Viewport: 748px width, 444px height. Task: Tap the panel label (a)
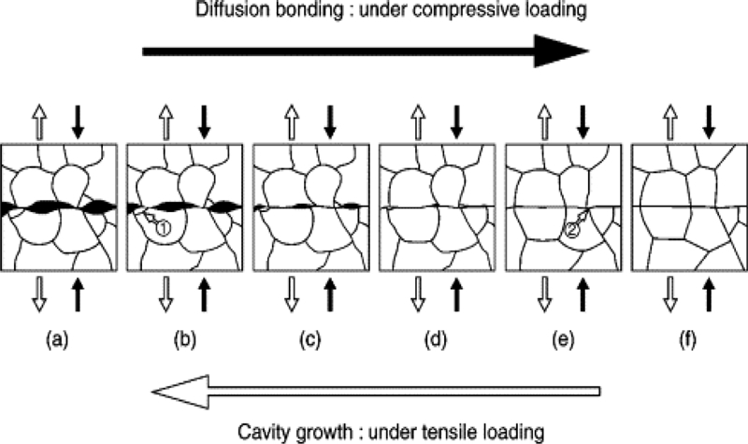(58, 343)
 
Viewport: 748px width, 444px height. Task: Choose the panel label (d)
(436, 343)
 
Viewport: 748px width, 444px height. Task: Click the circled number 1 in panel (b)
(162, 227)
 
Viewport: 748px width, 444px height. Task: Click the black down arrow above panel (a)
(79, 120)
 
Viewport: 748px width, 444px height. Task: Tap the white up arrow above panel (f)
(669, 120)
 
